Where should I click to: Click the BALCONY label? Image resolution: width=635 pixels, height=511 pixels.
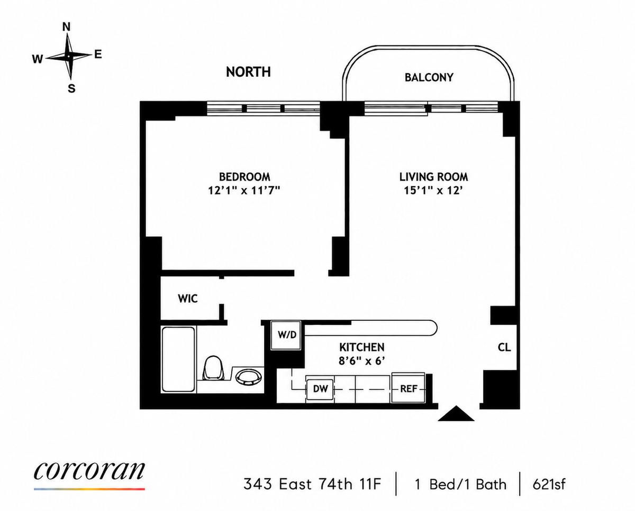[x=429, y=78]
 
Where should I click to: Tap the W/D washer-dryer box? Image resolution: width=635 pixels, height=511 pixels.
[x=286, y=335]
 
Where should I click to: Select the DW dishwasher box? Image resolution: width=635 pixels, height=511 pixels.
[x=320, y=389]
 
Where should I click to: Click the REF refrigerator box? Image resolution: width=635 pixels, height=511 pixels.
[x=409, y=388]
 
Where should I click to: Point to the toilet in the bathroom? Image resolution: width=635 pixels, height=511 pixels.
[x=214, y=369]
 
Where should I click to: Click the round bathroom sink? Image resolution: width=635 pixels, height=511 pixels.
[x=249, y=378]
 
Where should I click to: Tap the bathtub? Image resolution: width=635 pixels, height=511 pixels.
[x=178, y=359]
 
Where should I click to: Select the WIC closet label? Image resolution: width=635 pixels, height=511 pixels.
[x=188, y=299]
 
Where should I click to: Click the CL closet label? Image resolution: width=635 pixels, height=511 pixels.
[x=504, y=347]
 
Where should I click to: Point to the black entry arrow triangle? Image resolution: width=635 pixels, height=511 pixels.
[x=456, y=414]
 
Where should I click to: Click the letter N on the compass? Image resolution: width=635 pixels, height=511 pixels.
[x=67, y=27]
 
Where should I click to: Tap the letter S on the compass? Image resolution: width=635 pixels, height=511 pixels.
[x=72, y=88]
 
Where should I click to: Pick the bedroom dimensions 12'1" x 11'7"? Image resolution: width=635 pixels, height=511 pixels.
[x=244, y=191]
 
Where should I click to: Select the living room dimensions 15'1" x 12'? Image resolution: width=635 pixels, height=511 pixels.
[x=432, y=191]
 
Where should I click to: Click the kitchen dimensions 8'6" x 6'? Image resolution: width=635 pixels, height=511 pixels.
[x=362, y=361]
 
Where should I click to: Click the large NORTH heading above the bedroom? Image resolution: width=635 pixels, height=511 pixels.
[x=248, y=72]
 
